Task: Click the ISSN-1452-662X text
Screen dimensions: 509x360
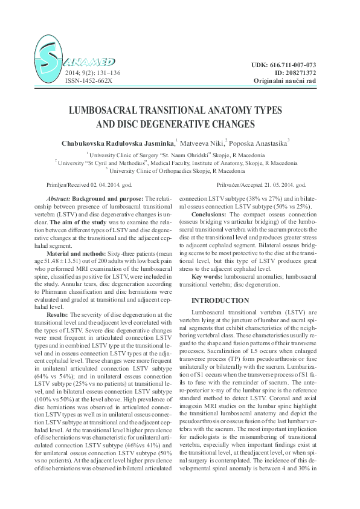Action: point(88,80)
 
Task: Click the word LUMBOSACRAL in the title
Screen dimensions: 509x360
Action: point(121,112)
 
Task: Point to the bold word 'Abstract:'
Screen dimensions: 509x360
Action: point(59,199)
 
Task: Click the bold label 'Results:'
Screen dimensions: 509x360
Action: point(59,315)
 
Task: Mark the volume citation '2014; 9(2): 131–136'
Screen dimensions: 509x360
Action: point(92,73)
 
